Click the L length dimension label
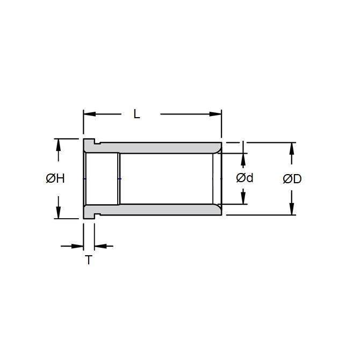click(x=136, y=114)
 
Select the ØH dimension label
click(x=55, y=179)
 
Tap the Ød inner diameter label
click(x=244, y=178)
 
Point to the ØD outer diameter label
click(x=292, y=179)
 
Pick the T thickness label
click(x=89, y=261)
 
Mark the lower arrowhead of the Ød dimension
click(x=244, y=198)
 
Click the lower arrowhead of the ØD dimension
click(x=292, y=209)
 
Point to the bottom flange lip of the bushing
click(x=89, y=215)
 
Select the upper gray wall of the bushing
click(x=161, y=148)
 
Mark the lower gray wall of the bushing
click(x=161, y=210)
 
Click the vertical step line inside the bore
click(x=119, y=179)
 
